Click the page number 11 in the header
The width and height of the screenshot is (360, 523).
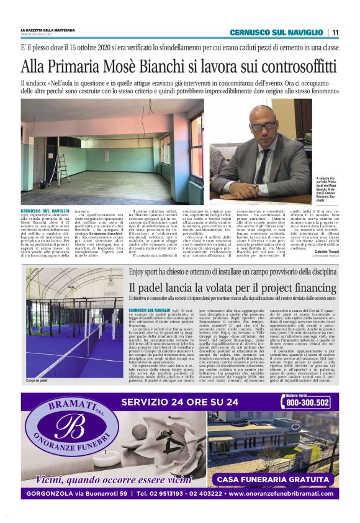point(335,32)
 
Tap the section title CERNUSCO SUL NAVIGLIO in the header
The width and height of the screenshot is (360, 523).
point(276,32)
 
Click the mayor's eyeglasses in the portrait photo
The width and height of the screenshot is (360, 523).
point(266,126)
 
